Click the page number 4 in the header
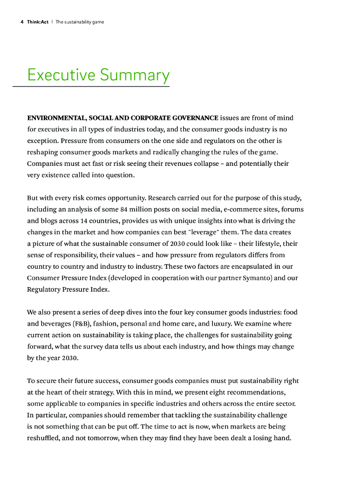point(22,22)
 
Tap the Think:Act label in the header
point(38,22)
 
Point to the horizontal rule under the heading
point(91,86)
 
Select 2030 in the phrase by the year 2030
point(69,358)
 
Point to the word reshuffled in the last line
point(44,438)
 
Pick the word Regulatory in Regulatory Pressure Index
point(45,289)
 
